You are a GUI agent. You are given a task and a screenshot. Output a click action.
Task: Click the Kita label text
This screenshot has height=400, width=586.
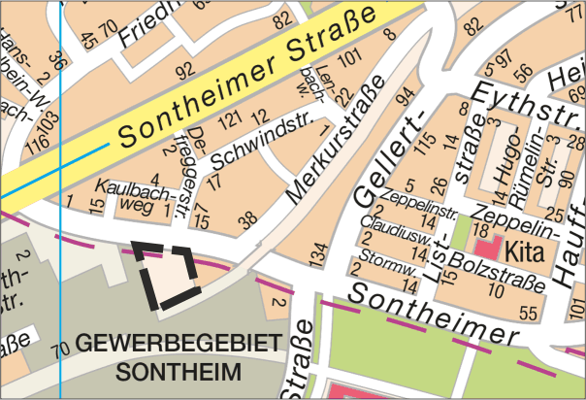[x=527, y=249]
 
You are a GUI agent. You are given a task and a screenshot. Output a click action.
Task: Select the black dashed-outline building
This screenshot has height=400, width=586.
[x=168, y=277]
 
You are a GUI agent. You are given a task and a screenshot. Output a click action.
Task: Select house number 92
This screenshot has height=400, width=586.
[x=184, y=70]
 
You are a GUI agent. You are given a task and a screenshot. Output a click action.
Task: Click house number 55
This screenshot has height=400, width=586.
[x=529, y=313]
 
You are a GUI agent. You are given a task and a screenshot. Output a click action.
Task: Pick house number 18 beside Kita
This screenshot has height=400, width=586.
[x=479, y=228]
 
